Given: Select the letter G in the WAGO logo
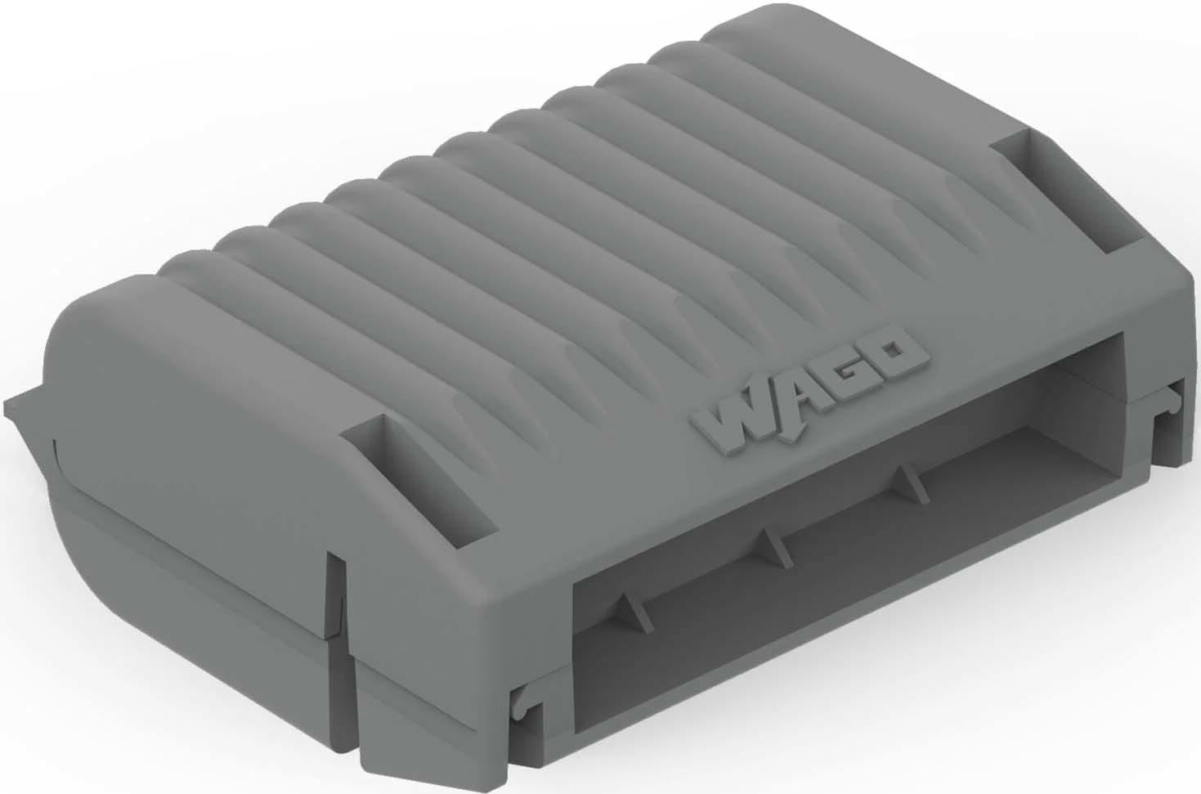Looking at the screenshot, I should [848, 372].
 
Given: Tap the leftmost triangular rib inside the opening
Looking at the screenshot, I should [625, 609].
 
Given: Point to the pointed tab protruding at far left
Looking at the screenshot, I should [25, 405].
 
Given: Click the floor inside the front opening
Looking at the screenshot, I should [818, 605].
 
